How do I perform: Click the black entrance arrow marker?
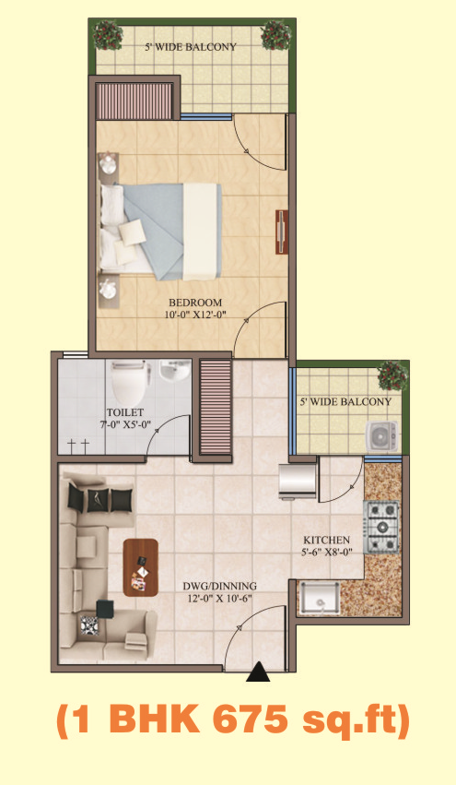point(258,672)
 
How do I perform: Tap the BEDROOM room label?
point(195,303)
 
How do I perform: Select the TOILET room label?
point(125,412)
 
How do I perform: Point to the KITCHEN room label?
point(326,541)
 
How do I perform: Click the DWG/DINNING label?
point(219,586)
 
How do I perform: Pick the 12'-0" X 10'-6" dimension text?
point(219,598)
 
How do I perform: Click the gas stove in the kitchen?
point(382,527)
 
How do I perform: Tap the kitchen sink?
point(318,599)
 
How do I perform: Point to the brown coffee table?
point(141,567)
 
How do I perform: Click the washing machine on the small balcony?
point(382,436)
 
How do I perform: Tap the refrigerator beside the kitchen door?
point(298,482)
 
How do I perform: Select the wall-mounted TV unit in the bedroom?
point(282,232)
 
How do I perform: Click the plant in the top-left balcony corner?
point(108,34)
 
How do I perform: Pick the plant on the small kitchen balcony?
point(393,375)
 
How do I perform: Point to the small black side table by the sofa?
point(105,608)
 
